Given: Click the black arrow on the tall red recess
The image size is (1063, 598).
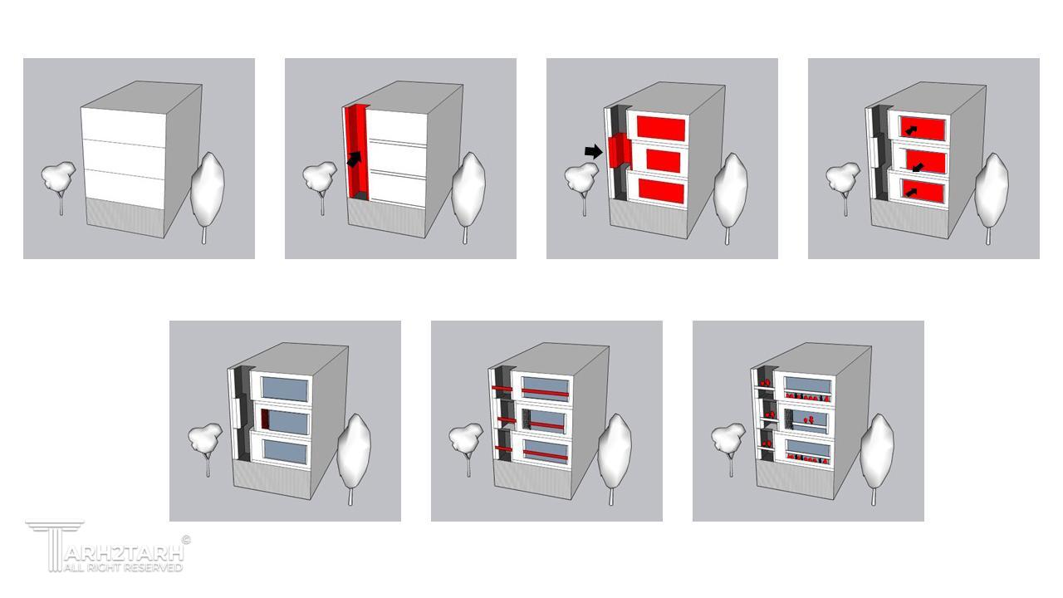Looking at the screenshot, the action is [355, 159].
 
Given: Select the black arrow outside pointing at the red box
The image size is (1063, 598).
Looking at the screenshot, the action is [593, 152].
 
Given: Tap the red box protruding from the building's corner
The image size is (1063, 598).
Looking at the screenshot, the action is [619, 151].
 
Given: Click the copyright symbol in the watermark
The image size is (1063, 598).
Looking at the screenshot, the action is [187, 540].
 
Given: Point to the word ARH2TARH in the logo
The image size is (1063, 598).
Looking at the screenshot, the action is [124, 553].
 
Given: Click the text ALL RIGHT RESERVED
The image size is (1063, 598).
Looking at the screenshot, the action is [124, 567].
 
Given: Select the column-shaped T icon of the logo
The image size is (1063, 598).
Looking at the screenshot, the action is [55, 546].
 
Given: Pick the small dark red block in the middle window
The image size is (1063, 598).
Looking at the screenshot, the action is [265, 419].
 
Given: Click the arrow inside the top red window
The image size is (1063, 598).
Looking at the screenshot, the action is [910, 129].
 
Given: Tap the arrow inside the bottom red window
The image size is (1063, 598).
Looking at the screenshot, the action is [910, 192].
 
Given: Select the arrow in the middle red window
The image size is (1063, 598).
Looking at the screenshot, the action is [918, 167].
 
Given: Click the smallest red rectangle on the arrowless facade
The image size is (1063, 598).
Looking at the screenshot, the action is [663, 161].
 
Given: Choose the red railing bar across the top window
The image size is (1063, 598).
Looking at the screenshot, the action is [545, 393].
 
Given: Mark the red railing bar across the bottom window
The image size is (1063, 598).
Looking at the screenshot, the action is [545, 455].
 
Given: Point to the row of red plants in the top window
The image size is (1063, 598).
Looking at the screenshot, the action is [807, 397].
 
